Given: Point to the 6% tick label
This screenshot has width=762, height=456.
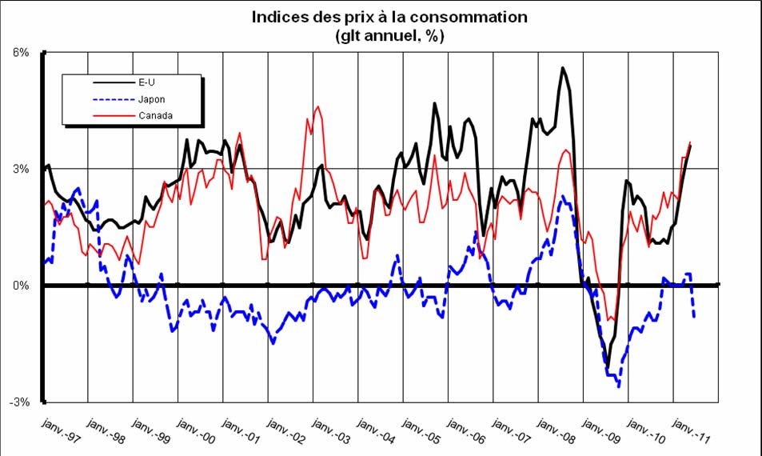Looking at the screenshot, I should click(21, 53).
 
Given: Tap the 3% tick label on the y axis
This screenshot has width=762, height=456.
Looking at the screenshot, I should click(21, 169).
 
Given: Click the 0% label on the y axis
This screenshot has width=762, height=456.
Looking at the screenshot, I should click(21, 286).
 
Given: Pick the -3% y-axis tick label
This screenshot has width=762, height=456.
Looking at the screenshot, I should click(19, 402).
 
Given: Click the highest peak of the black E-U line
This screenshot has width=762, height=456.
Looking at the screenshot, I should click(563, 67).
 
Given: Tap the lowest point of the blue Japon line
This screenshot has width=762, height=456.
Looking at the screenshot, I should click(618, 387).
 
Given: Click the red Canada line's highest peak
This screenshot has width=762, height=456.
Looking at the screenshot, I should click(318, 106).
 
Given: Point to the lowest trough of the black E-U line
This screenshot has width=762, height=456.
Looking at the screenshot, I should click(608, 367).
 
